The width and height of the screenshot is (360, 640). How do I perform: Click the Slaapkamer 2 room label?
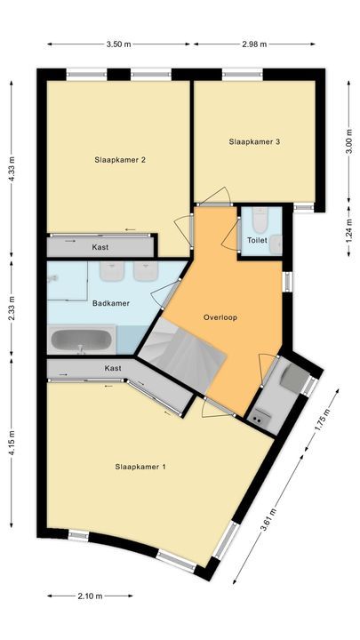click(119, 160)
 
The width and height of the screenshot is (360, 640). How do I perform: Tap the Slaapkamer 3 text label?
click(254, 141)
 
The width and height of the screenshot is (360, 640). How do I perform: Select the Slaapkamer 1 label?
click(140, 466)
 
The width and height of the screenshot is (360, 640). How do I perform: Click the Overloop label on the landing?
click(220, 316)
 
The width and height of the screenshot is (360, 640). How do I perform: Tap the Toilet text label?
click(257, 240)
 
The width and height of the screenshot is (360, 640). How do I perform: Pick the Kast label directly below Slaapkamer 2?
click(100, 246)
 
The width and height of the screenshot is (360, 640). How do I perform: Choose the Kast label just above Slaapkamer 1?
click(113, 367)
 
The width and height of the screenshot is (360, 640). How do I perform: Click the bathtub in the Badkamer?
click(82, 339)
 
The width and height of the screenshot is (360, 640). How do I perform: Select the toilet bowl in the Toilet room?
click(260, 218)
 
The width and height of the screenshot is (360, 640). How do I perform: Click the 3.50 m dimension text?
click(118, 44)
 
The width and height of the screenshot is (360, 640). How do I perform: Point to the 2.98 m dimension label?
click(254, 44)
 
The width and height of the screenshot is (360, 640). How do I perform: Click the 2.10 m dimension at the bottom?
click(92, 596)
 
